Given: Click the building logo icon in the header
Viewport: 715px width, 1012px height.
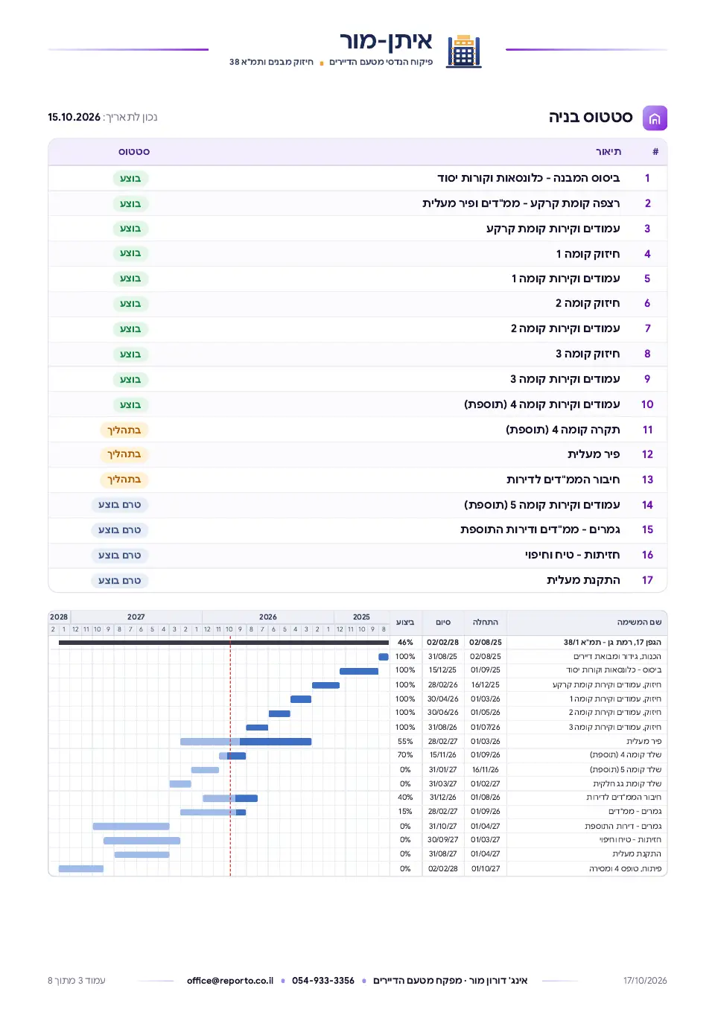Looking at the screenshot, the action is [463, 51].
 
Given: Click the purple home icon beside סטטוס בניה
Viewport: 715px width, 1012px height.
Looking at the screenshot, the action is [655, 118].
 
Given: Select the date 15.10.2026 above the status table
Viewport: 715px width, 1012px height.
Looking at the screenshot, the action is [74, 117].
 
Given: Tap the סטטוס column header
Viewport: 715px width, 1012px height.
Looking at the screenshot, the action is [134, 152].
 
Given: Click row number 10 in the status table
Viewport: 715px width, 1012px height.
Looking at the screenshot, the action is [646, 404].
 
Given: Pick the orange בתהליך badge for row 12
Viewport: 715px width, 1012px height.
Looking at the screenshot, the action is [124, 454].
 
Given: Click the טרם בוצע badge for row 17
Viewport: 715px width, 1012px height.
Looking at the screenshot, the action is [120, 580].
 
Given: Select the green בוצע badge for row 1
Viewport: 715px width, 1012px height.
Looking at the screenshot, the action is [130, 179].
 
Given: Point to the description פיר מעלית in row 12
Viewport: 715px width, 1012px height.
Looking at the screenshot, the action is [594, 454].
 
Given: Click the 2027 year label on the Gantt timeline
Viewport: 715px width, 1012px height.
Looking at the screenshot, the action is [136, 617].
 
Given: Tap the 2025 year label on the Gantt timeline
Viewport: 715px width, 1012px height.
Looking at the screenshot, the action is [361, 617].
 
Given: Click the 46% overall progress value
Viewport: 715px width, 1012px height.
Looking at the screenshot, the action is [405, 642].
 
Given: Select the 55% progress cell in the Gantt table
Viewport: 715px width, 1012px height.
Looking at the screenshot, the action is [405, 741].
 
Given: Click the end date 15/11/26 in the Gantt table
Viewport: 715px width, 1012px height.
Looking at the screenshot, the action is [442, 754].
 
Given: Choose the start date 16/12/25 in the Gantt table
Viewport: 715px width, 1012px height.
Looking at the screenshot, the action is [485, 684].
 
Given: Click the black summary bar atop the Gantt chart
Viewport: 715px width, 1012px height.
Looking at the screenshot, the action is [223, 642].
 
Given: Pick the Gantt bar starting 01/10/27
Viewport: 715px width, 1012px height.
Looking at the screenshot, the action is [81, 868].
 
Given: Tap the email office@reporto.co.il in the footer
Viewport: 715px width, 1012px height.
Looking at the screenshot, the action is [230, 981].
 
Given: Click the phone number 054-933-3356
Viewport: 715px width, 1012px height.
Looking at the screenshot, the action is [322, 981].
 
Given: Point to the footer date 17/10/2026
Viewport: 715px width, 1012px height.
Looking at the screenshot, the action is [645, 981].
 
